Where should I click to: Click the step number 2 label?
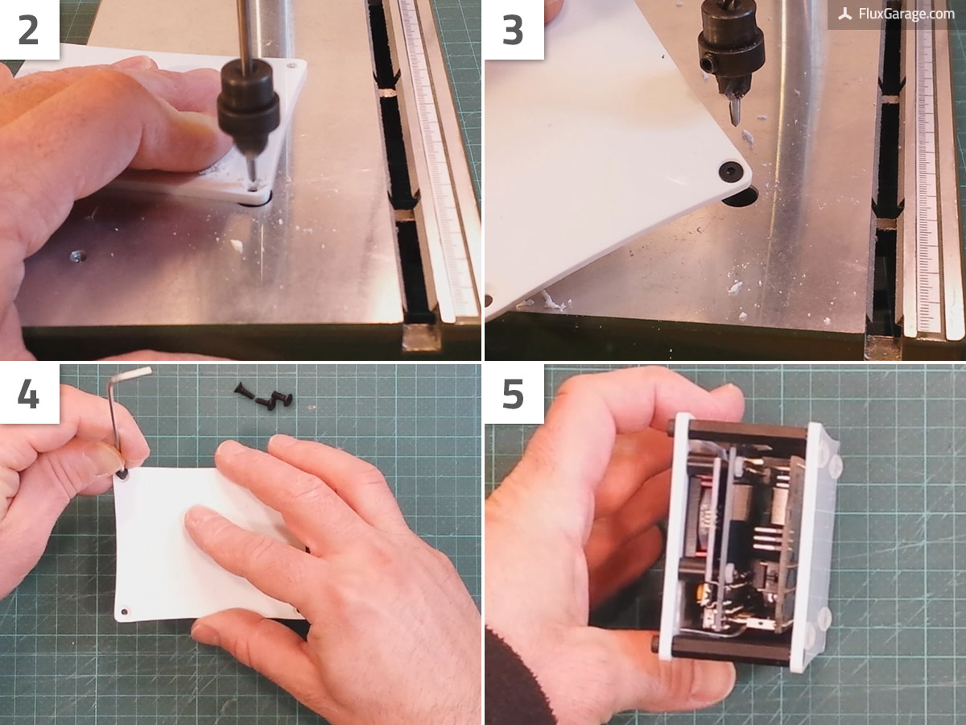(x=28, y=30)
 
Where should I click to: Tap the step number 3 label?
(x=512, y=30)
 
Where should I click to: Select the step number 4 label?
(x=28, y=394)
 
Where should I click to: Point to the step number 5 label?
(x=512, y=394)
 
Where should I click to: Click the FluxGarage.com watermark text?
(x=906, y=14)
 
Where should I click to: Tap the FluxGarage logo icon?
(x=845, y=14)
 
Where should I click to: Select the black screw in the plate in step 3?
(x=729, y=171)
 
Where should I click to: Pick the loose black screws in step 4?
(x=266, y=397)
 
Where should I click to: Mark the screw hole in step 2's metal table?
(x=77, y=256)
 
